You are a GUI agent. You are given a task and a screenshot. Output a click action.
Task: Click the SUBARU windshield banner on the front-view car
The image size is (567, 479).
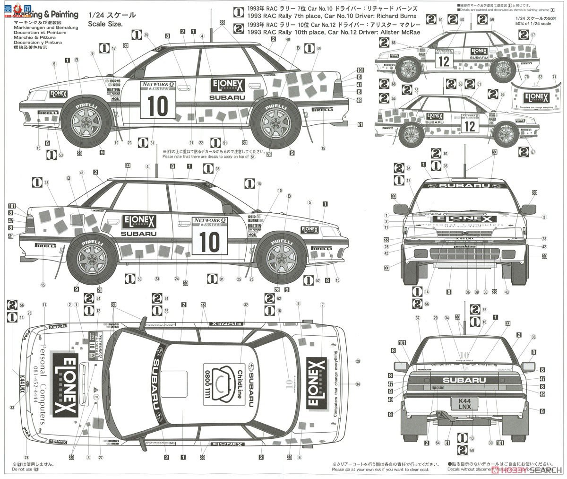465,185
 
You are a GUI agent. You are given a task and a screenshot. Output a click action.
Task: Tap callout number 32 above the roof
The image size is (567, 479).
246,305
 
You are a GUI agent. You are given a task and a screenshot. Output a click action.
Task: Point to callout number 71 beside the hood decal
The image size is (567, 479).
554,77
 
